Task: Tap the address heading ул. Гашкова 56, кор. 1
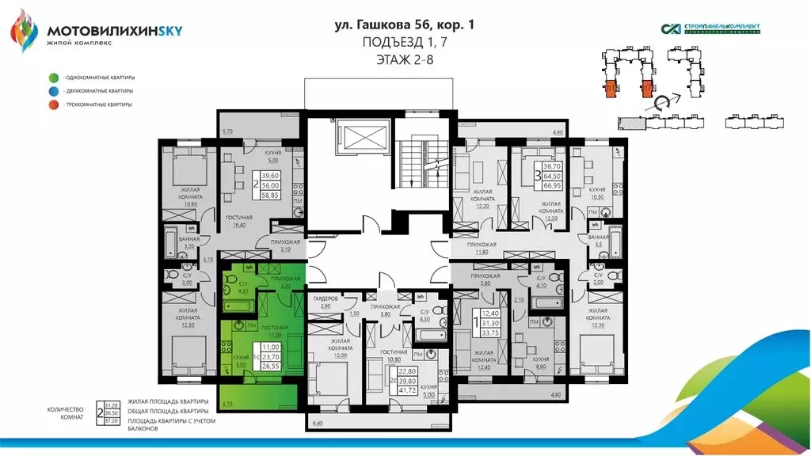point(405,25)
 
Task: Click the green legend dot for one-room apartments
point(52,78)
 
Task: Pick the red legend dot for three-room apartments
point(52,104)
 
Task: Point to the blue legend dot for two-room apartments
point(52,91)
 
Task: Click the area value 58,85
point(272,192)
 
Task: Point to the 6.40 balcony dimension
point(318,425)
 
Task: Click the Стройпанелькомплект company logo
point(710,28)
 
